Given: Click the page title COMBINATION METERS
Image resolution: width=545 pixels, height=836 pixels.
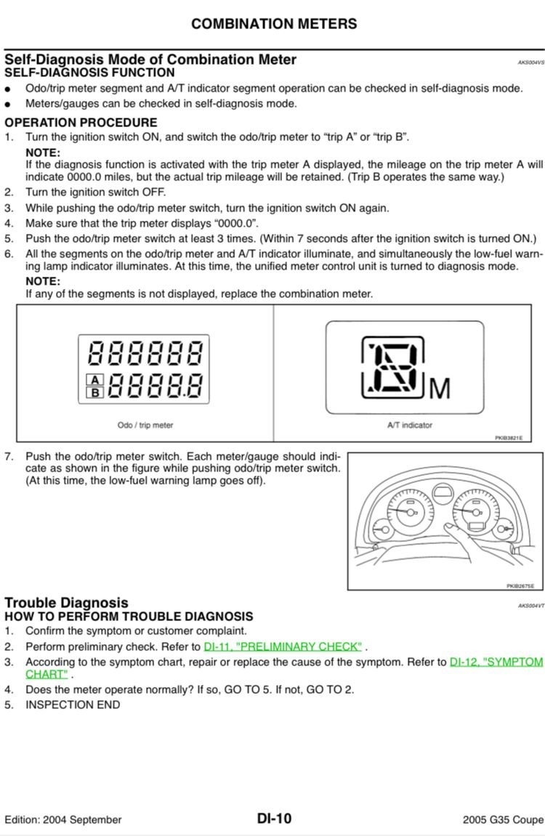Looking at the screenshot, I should coord(274,24).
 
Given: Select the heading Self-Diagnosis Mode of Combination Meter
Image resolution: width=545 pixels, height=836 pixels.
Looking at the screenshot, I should coord(150,60).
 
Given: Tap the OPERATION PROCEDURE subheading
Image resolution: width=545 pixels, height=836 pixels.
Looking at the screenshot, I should coord(81,123).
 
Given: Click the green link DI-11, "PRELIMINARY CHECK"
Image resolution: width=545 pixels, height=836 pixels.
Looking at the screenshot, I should coord(283,646).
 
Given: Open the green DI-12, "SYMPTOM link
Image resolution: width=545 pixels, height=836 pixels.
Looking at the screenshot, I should coord(496,662).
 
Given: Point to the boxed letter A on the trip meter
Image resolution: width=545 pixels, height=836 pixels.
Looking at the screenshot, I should coord(95,380).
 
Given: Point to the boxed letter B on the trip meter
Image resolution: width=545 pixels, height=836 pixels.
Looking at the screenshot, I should coord(95,392).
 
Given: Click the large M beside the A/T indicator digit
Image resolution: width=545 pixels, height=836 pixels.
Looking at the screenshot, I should coord(440,389).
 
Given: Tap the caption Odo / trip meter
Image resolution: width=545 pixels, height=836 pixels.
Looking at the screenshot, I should coord(145,425).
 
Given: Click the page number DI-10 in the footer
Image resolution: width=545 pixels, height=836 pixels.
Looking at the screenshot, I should coord(274,819).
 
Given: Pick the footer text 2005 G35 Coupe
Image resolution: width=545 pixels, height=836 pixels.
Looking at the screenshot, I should coord(503,819).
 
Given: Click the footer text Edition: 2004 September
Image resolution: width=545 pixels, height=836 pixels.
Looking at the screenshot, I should coord(63,819).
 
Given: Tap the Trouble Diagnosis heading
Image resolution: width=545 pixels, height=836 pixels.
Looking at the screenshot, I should coord(66,603).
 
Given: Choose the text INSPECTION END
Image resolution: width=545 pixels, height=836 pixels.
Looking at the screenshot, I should coord(73,705).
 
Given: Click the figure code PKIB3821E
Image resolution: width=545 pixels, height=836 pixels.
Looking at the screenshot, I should coord(509,438).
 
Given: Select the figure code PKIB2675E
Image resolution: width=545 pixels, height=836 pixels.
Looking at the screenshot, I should coord(520,586).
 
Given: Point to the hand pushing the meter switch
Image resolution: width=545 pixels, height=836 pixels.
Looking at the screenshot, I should coord(461,541).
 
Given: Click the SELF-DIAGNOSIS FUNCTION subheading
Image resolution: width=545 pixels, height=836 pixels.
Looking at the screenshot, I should coord(89,73).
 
